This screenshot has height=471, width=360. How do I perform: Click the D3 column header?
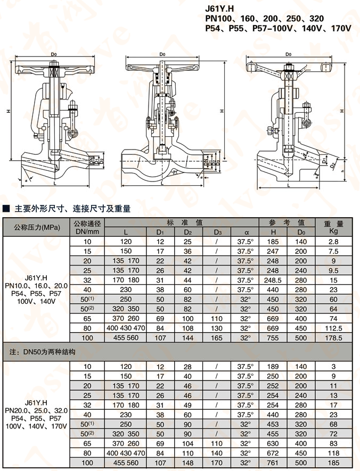(x=217, y=232)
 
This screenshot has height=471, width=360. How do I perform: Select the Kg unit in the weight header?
(x=334, y=232)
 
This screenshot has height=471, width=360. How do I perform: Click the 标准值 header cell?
(x=181, y=222)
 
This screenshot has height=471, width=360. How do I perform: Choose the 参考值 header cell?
(x=287, y=222)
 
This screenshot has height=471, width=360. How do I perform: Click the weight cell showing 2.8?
(x=334, y=242)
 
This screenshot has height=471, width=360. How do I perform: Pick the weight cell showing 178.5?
(x=334, y=337)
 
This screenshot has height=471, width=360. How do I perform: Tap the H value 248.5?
(x=273, y=280)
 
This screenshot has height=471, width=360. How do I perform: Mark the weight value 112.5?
(x=334, y=328)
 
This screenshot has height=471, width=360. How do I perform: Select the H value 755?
(x=273, y=337)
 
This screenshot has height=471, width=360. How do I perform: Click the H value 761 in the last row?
(x=273, y=462)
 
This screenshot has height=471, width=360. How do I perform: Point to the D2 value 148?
(x=187, y=462)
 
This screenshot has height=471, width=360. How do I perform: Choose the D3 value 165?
(x=217, y=337)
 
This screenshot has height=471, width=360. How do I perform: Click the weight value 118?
(x=334, y=453)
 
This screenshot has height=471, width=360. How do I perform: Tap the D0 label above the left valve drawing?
(x=54, y=54)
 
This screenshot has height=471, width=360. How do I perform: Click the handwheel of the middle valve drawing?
(x=162, y=68)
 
